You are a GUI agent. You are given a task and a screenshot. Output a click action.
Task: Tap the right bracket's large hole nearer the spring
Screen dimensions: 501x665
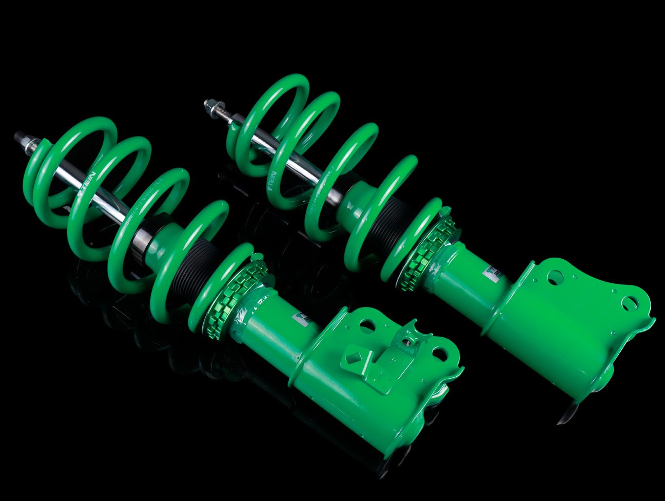point(554,277)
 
